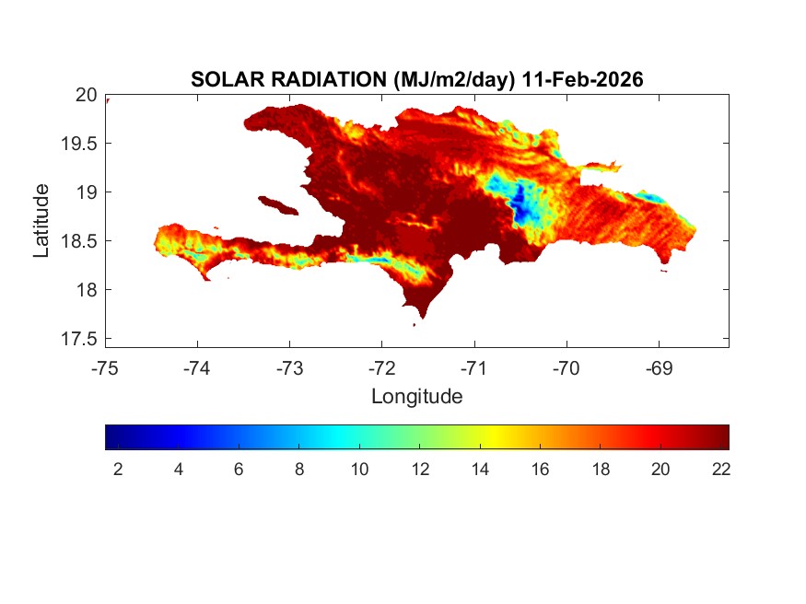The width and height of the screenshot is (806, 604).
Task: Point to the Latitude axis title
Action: tap(41, 219)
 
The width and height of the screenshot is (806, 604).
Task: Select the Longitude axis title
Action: tap(416, 397)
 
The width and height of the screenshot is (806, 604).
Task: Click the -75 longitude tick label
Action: tap(106, 368)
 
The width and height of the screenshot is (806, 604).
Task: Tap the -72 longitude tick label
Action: tap(382, 368)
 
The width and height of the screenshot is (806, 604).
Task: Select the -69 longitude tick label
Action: tap(659, 368)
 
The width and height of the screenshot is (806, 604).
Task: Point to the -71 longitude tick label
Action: tap(474, 368)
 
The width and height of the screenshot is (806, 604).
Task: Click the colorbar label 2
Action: tap(118, 469)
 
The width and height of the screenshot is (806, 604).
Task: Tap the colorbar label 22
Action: tap(720, 469)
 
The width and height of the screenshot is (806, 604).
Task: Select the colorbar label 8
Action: tap(298, 469)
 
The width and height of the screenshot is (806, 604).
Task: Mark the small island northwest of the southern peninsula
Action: tap(276, 203)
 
